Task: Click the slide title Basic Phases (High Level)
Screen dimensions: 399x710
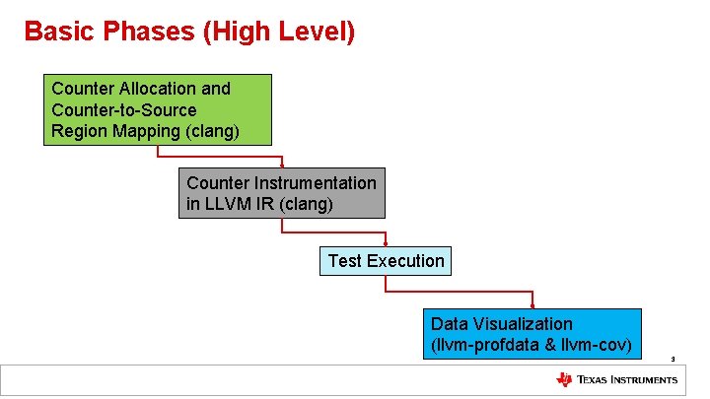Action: click(x=188, y=32)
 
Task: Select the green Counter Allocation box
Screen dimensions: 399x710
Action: click(x=157, y=109)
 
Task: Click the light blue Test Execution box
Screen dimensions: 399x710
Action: click(x=385, y=261)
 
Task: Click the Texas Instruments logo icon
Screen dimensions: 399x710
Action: click(x=564, y=380)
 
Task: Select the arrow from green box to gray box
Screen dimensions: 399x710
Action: click(x=219, y=156)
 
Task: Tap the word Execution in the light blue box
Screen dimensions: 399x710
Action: click(x=405, y=261)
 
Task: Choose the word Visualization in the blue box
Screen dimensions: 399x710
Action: click(x=523, y=324)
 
